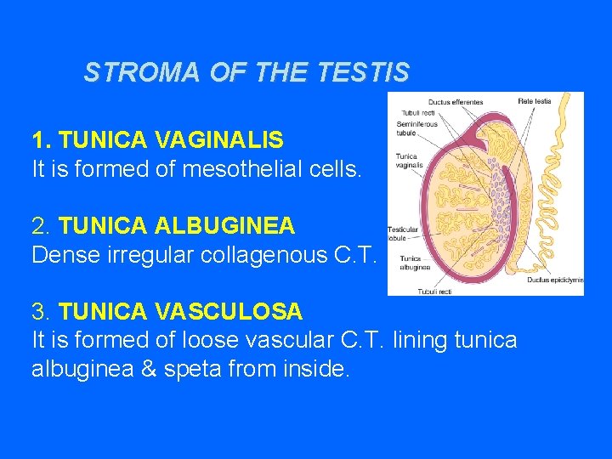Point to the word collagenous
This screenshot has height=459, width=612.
pos(256,255)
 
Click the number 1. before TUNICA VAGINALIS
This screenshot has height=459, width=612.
pos(42,139)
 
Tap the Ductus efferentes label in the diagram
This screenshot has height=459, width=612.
pos(456,102)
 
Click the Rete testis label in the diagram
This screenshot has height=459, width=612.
pos(535,101)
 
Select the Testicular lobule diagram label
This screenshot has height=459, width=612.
pos(403,234)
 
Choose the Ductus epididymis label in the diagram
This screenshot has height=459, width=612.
pos(553,279)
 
